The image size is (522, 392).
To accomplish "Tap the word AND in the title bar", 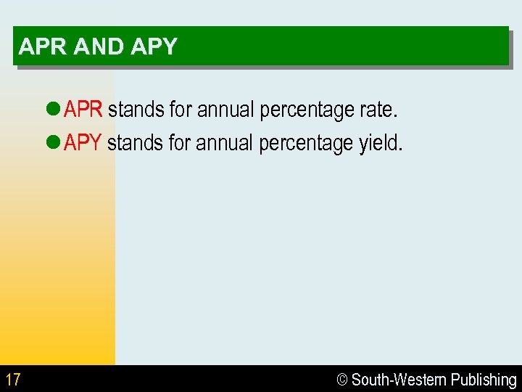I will (x=99, y=47).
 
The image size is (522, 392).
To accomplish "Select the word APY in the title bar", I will (x=154, y=47).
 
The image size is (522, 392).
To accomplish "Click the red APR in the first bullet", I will (x=83, y=110).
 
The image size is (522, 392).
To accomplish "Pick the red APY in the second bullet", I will (x=83, y=142).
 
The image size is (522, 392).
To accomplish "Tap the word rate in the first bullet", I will (x=378, y=110).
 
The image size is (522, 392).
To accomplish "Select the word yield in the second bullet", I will (x=380, y=143).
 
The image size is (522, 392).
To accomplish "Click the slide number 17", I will (x=13, y=380).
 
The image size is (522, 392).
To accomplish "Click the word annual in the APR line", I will (x=225, y=110).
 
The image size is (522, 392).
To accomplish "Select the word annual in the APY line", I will (x=225, y=143).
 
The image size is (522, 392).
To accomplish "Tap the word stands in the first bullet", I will (x=136, y=110).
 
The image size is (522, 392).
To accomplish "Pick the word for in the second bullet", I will (x=179, y=143).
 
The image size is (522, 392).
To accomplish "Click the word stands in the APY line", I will (x=135, y=143).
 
